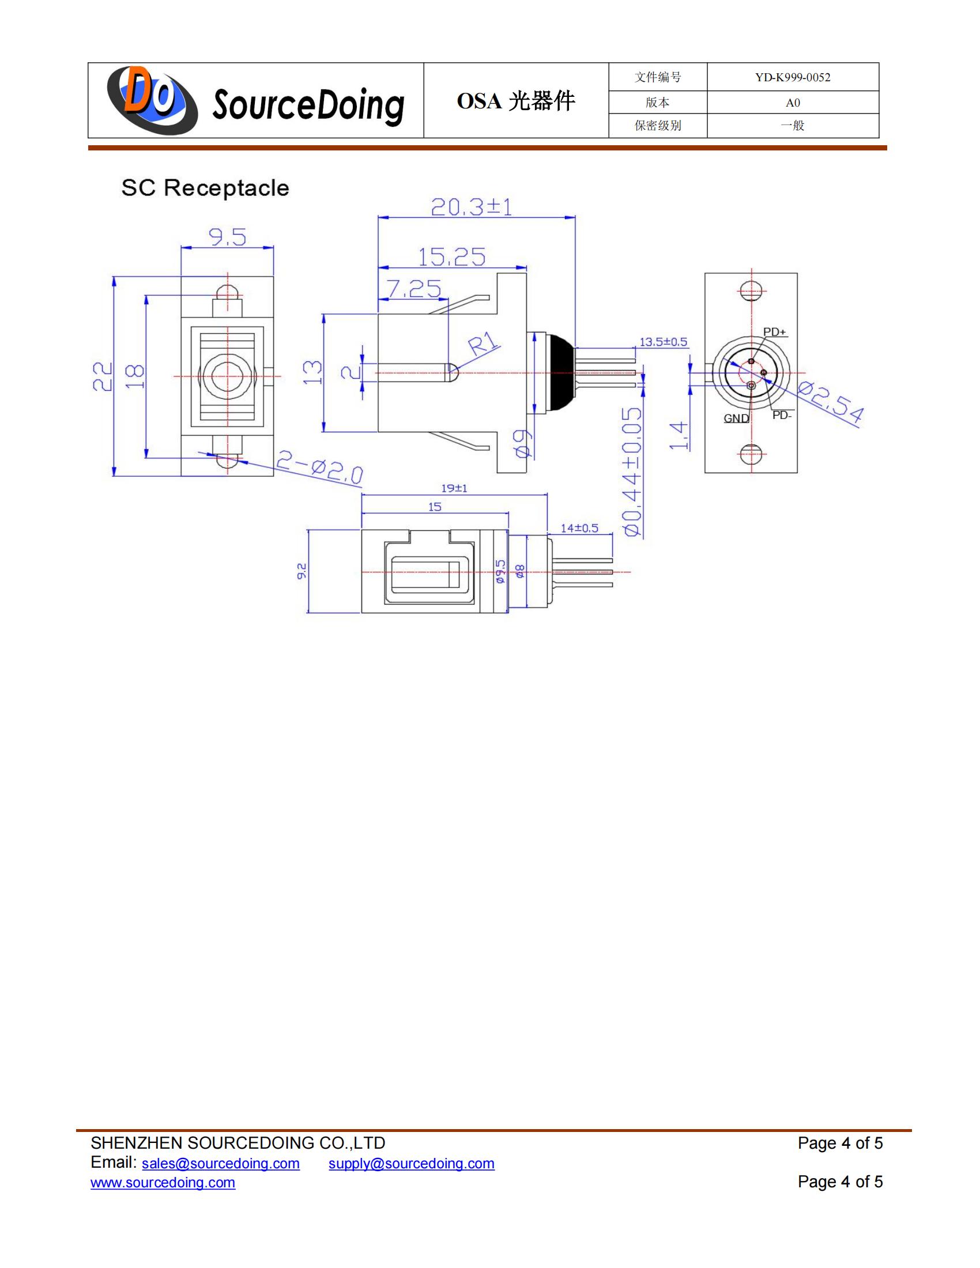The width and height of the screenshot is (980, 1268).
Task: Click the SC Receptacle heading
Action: pos(205,188)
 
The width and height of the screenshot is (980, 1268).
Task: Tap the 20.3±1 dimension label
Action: pos(472,207)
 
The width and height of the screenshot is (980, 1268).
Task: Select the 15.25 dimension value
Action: pos(452,257)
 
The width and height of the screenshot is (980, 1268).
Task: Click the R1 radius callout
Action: pos(484,344)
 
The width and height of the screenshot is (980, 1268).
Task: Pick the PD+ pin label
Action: pos(774,332)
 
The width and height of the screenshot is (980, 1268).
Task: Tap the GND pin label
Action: pos(736,418)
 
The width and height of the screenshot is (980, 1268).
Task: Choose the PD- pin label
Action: pos(782,415)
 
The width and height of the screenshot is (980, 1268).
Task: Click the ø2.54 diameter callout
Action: pos(830,402)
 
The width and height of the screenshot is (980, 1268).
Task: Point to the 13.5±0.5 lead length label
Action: pos(663,342)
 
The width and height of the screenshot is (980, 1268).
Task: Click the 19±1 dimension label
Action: pos(454,488)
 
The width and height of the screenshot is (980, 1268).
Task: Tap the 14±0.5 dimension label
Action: pos(579,529)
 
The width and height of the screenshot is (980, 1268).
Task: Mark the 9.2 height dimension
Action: pos(301,571)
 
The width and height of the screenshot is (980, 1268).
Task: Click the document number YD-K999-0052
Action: pos(793,77)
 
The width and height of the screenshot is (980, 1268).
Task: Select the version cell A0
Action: pos(793,103)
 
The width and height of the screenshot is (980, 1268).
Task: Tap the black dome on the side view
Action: pos(560,373)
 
